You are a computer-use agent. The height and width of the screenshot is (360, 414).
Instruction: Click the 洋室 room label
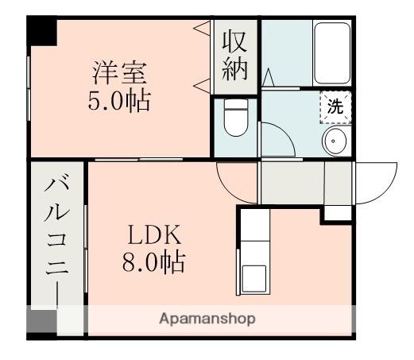coord(119,72)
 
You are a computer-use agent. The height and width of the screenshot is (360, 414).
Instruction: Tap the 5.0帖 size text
coord(119,102)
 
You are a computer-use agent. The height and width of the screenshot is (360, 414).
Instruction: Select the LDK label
coord(154,234)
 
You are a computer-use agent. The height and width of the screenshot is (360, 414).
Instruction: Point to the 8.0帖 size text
coord(153,262)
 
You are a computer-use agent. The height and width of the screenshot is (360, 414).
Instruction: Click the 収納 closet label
coord(235,56)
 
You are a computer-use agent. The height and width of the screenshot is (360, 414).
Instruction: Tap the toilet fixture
coord(236,118)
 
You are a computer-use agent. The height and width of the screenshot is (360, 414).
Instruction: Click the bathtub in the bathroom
coord(332,53)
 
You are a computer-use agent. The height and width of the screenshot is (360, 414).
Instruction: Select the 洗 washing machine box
coord(335,107)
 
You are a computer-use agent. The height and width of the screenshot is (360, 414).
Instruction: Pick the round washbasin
coord(335,141)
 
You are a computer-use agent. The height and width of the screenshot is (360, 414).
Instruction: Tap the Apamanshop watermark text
coord(207,319)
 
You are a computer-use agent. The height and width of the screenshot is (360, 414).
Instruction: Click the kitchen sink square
coord(254,278)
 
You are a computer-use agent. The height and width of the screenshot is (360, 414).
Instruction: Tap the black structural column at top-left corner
coord(42,31)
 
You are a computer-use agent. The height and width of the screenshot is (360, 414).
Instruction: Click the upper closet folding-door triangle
coord(202,28)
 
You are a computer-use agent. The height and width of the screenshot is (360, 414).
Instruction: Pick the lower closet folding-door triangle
coord(202,86)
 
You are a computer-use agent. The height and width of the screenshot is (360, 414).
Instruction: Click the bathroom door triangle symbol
coord(269,77)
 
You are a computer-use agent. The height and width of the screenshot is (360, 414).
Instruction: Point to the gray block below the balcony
coord(42,321)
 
